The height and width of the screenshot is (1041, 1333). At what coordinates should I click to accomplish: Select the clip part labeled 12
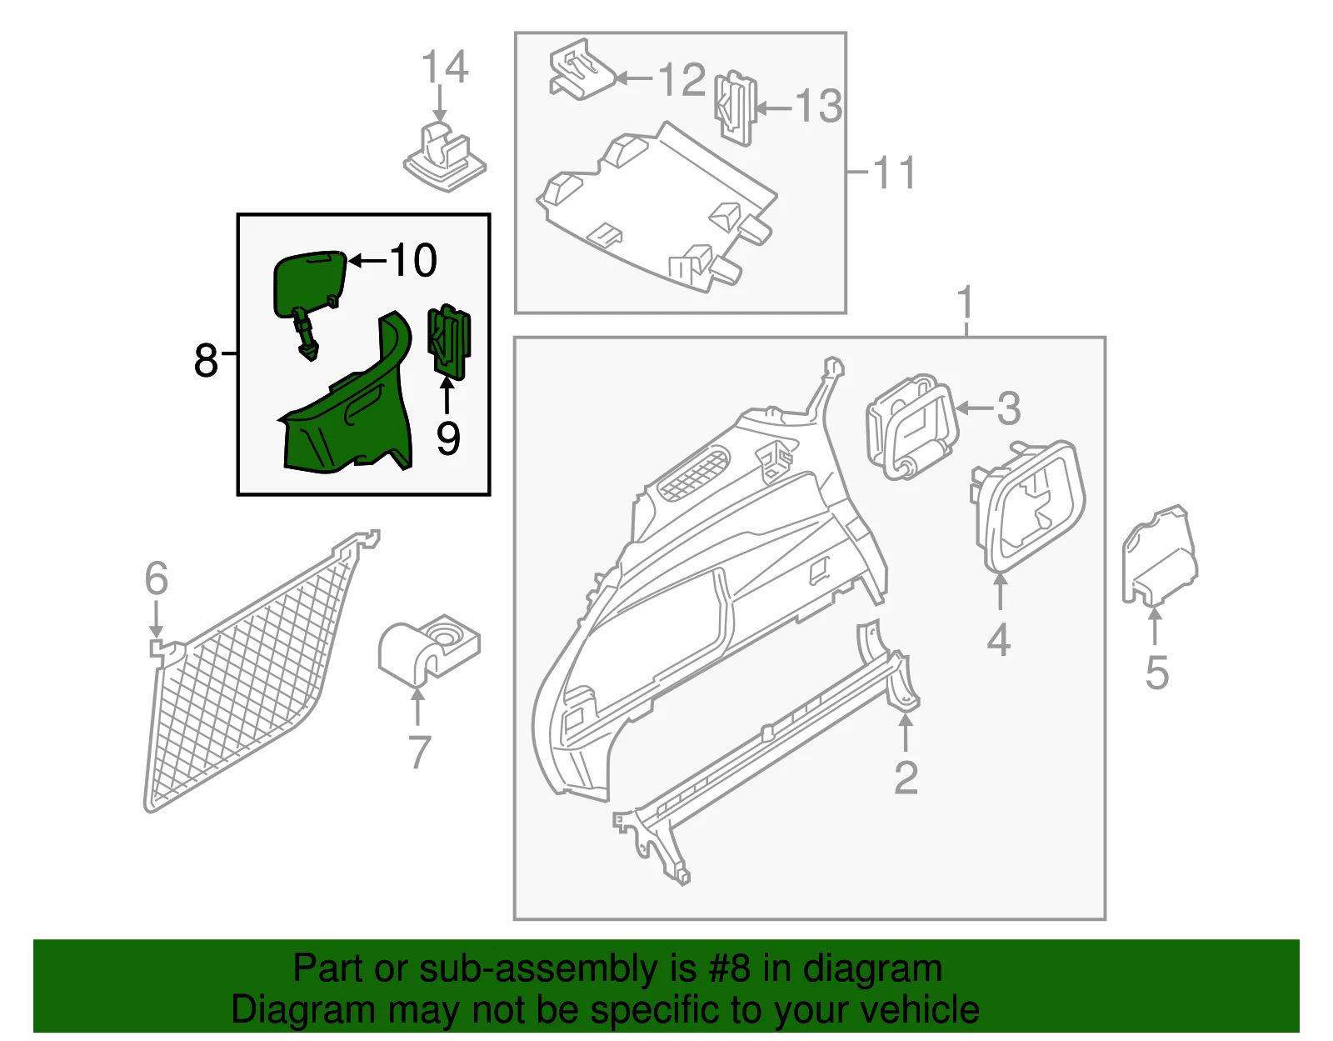point(581,71)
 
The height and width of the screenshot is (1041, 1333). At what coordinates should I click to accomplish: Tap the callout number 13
point(818,106)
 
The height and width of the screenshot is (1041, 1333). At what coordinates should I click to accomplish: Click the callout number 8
point(206,361)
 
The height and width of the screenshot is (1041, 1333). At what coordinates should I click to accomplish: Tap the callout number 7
point(420,752)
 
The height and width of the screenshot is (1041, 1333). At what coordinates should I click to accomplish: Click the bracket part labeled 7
point(428,650)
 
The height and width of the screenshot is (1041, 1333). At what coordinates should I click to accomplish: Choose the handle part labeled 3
point(911,427)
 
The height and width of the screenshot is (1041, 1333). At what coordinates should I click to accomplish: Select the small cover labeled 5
point(1159,557)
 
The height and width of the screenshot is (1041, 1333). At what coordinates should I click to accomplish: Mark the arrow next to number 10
point(367,261)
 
